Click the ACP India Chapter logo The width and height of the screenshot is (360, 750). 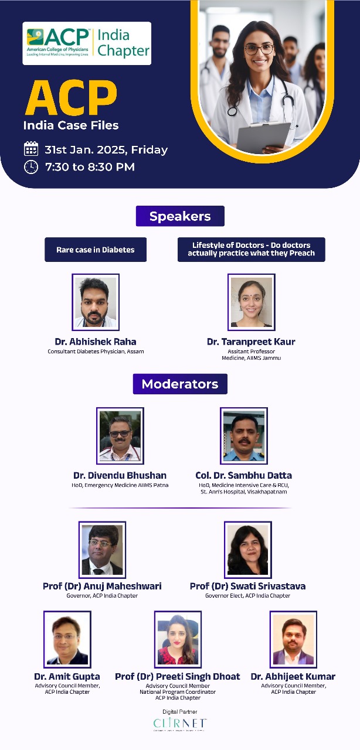[87, 43]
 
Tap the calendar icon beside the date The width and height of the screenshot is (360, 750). [30, 149]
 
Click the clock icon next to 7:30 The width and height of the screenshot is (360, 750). [30, 167]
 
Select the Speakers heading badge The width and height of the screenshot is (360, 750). [180, 216]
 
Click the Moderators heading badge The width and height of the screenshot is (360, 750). [180, 384]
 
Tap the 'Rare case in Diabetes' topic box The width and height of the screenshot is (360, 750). [96, 250]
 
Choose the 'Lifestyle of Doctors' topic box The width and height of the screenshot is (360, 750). [251, 250]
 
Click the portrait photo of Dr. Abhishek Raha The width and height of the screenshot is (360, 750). [96, 302]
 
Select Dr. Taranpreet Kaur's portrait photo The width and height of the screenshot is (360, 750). [251, 302]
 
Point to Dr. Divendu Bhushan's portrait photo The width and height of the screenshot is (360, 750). [120, 436]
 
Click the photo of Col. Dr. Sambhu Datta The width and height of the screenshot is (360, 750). [244, 436]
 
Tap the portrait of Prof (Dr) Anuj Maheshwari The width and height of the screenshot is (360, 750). [102, 550]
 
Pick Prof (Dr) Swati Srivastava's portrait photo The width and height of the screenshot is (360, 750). [247, 550]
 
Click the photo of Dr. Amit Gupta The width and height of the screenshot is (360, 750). [67, 639]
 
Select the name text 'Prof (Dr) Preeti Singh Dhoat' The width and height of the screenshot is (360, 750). [178, 677]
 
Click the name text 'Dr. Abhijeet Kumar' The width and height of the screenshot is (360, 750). [293, 677]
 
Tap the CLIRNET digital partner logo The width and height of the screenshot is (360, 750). [180, 723]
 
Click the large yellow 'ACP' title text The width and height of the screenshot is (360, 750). [70, 98]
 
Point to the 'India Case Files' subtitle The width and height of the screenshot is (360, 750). [71, 125]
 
